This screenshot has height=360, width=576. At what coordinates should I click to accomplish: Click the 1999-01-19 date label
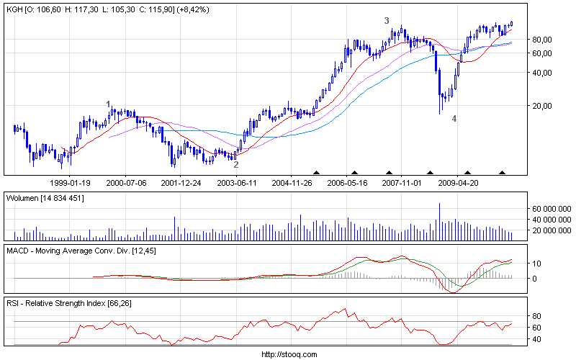coord(69,183)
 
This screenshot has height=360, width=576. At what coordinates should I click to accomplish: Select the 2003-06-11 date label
coord(237,183)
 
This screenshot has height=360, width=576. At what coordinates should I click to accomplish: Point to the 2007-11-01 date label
coord(402,183)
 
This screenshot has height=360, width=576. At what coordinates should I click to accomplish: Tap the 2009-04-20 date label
coord(459,183)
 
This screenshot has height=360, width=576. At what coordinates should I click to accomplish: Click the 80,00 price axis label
coord(542,39)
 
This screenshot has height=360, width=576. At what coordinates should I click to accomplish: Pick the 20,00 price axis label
coord(542,106)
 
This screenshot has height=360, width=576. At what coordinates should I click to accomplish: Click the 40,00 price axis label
coord(542,73)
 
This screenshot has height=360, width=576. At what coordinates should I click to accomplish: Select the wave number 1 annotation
coord(109,104)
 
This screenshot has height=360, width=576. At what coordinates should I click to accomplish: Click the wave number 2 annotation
coord(236,165)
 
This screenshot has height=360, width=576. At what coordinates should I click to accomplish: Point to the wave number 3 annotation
coord(387,21)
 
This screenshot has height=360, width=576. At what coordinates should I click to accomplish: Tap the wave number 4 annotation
coord(454,118)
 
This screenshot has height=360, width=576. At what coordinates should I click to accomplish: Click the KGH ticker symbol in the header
coord(14,9)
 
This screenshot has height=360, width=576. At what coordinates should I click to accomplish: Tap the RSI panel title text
coord(65,305)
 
